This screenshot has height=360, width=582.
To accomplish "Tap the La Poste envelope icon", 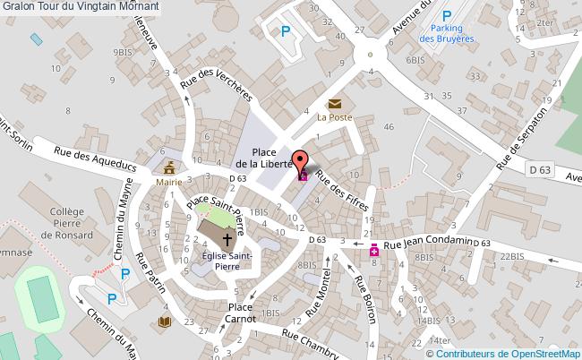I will tap(334, 104).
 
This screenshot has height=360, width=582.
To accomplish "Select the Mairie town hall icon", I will tap(168, 167).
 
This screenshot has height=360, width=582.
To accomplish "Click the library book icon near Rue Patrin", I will tap(165, 321).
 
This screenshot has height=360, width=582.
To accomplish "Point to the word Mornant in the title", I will tap(137, 6).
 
